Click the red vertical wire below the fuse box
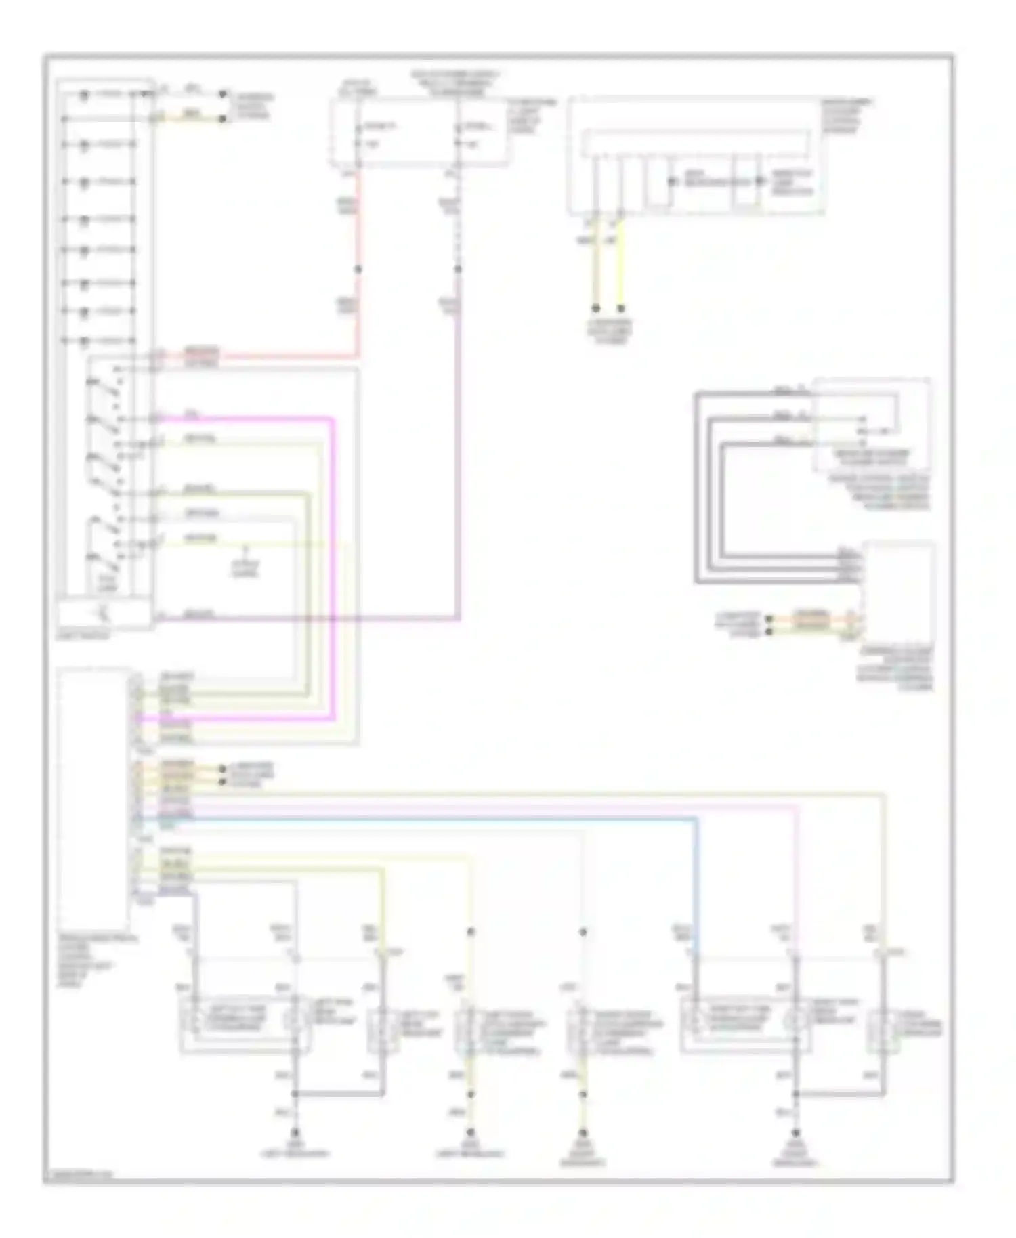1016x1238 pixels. click(x=358, y=223)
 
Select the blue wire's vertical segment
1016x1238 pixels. click(x=696, y=880)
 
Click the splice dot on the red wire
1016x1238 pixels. click(x=358, y=269)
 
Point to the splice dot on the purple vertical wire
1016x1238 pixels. click(x=459, y=269)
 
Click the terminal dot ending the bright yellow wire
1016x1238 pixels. click(x=620, y=308)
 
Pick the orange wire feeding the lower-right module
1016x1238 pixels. click(x=813, y=618)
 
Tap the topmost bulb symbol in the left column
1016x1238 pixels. click(x=84, y=95)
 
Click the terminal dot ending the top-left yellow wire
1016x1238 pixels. click(x=222, y=119)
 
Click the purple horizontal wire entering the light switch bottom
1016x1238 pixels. click(x=305, y=618)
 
